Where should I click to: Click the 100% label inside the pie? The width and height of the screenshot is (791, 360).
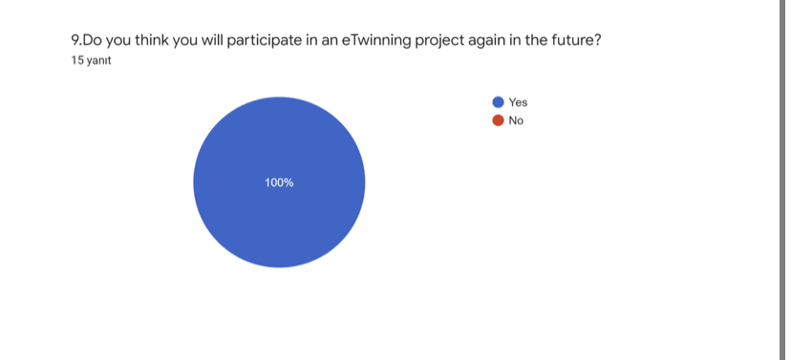click(x=279, y=182)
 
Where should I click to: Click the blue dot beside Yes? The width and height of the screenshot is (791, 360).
click(x=498, y=102)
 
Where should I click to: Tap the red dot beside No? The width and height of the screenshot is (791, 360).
click(x=498, y=120)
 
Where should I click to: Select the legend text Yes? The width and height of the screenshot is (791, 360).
click(x=518, y=102)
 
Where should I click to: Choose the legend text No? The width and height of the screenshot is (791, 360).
click(x=516, y=120)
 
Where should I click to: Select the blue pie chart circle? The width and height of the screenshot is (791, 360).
click(x=279, y=220)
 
